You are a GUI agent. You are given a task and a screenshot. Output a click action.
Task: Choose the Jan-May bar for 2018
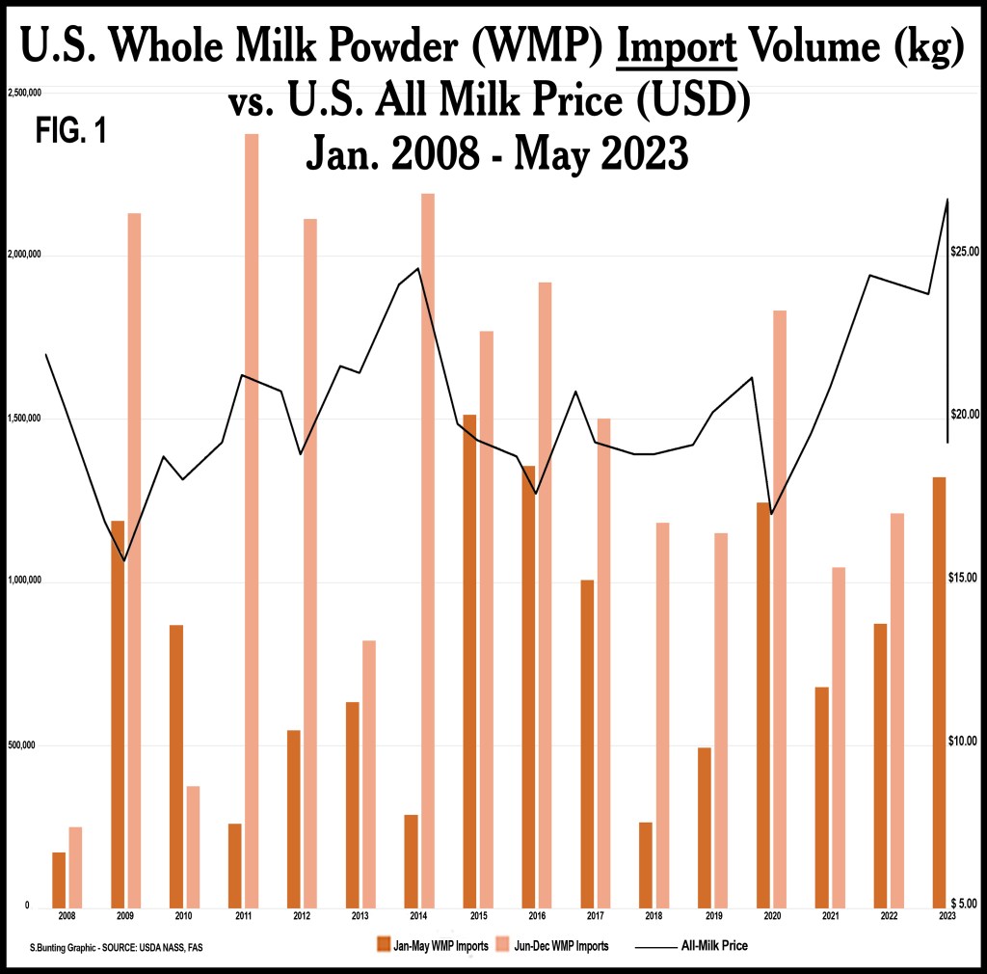[646, 864]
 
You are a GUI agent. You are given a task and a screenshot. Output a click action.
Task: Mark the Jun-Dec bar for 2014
[428, 550]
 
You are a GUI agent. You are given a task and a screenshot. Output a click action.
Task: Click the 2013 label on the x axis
[360, 914]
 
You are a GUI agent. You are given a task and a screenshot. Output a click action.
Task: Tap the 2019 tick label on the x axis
[712, 914]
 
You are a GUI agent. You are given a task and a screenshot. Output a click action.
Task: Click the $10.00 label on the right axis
[965, 741]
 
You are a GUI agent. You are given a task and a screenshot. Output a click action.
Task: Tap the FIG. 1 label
[70, 132]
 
